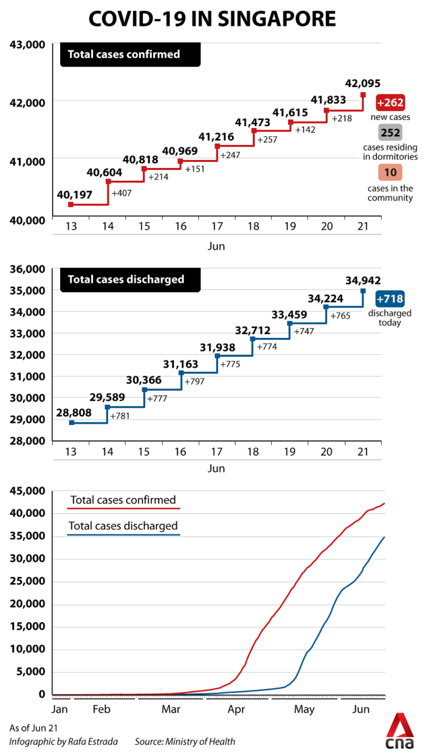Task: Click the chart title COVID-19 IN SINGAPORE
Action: pos(211,19)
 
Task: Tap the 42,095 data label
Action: pos(362,83)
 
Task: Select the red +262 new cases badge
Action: pos(390,102)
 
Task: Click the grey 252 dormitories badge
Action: pos(390,133)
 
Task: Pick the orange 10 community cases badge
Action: pos(390,172)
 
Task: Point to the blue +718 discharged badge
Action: pos(390,299)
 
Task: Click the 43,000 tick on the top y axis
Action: pos(27,44)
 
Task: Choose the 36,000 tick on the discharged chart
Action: pos(27,269)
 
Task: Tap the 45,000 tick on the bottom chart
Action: pos(27,491)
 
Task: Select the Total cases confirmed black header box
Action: pos(129,54)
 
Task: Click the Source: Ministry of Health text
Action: pos(185,741)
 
